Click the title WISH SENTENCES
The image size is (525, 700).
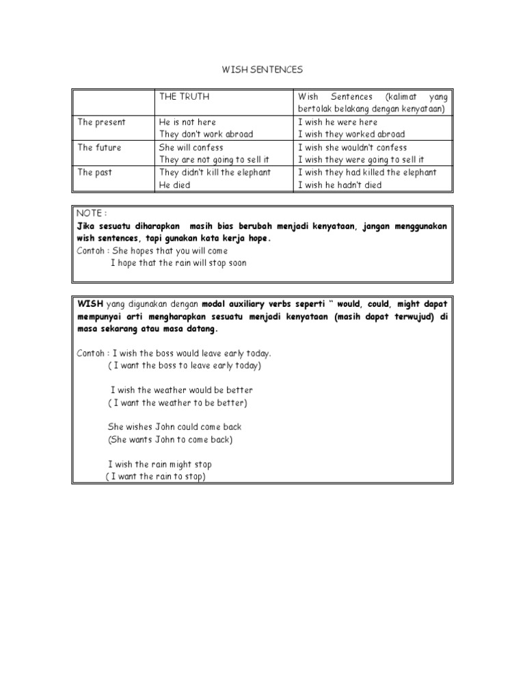coord(262,70)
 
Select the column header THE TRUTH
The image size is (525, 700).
coord(184,97)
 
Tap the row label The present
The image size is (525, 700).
coord(101,122)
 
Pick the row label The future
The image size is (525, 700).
coord(100,147)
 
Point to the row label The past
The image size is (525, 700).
coord(94,172)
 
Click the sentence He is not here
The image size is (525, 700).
coord(187,122)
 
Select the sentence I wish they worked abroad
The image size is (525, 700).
coord(351,135)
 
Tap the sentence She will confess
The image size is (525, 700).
coord(191,147)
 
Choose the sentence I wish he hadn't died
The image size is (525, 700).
coord(340,185)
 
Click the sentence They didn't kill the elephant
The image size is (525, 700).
coord(215,172)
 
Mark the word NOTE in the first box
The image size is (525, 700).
coord(88,214)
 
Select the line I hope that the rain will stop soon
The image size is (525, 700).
coord(178,262)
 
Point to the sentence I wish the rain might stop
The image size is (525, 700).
coord(159,464)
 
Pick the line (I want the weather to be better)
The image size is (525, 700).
coord(177,403)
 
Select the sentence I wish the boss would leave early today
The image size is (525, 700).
coord(191,353)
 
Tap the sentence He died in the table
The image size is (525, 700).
coord(174,185)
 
